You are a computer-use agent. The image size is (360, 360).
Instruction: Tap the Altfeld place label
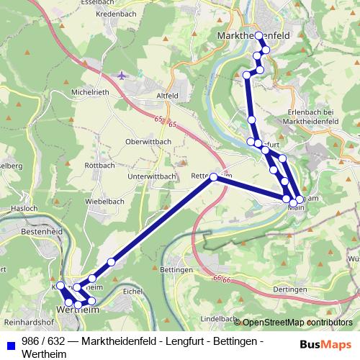(x=166, y=95)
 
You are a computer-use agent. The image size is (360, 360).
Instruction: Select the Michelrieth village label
(x=89, y=93)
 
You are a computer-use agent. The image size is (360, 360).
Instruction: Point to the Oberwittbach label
(x=148, y=142)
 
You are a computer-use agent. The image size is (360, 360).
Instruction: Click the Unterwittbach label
(x=151, y=176)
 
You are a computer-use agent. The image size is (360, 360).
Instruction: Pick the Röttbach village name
(x=99, y=165)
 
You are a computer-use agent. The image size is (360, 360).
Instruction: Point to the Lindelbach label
(x=218, y=318)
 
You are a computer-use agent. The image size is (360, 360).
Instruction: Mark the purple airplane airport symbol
(x=121, y=75)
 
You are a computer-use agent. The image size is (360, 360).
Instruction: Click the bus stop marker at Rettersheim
(x=214, y=176)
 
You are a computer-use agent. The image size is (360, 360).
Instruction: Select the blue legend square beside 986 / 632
(x=10, y=341)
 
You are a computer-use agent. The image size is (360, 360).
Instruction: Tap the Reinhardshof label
(x=29, y=321)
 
